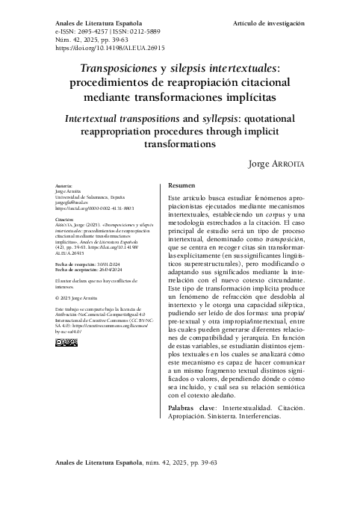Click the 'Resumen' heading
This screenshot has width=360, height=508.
pyautogui.click(x=182, y=185)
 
